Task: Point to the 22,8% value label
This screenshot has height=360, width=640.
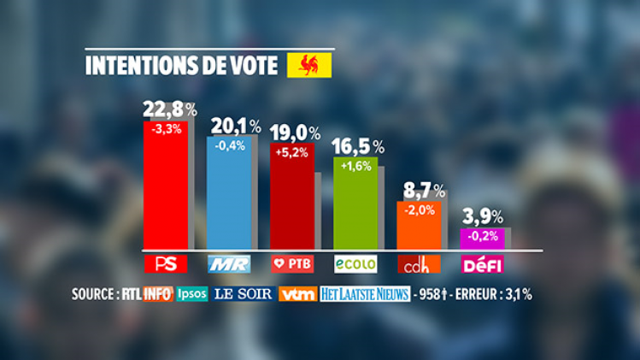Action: point(169,109)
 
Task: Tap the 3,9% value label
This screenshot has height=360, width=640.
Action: point(484,217)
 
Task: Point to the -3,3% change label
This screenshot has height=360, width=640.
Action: point(165,130)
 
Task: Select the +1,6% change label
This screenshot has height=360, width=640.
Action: point(355,166)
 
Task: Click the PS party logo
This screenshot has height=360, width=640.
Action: point(166,263)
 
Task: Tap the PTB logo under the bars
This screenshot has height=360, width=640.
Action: point(292,263)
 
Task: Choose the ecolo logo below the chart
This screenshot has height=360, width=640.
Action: point(355,263)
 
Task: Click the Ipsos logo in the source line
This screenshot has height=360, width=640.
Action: point(191,294)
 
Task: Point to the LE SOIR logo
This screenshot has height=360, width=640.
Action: point(244,294)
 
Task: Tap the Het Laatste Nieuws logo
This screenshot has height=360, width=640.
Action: point(364,294)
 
